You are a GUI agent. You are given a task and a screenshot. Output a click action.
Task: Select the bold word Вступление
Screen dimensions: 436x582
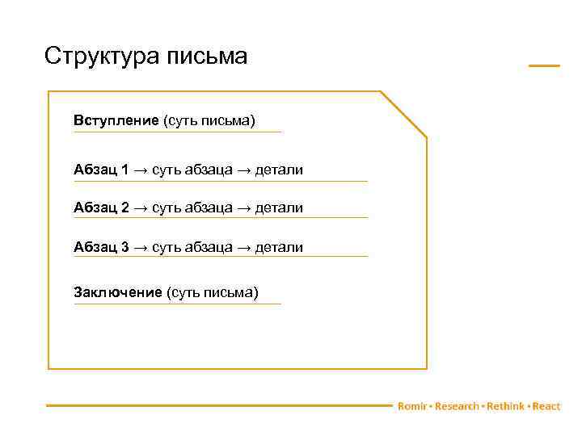[x=116, y=121]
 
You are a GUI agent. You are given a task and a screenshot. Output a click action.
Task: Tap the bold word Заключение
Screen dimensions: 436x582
[x=118, y=292]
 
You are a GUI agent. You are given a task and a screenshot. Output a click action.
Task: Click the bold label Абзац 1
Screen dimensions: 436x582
[x=101, y=170]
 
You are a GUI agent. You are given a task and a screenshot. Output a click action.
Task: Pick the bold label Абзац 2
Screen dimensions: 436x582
[x=101, y=208]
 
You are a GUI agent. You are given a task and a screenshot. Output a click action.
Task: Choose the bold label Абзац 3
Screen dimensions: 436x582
[x=101, y=247]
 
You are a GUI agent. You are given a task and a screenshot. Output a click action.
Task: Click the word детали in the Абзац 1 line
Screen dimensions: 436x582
[x=279, y=170]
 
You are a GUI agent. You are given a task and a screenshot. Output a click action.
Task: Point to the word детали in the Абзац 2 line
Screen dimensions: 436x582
[x=279, y=208]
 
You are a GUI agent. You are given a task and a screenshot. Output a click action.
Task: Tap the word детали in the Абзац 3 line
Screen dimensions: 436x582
[x=279, y=247]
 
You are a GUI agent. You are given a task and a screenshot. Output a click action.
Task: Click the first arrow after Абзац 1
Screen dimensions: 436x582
[x=141, y=170]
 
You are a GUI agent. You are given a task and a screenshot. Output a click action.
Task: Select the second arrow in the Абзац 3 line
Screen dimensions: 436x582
[x=244, y=248]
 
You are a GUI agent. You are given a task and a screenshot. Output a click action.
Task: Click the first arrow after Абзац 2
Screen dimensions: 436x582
[x=141, y=208]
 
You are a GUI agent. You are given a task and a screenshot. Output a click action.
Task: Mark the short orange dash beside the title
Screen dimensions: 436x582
[x=544, y=65]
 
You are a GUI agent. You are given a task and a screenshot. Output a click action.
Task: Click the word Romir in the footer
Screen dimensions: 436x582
[x=412, y=406]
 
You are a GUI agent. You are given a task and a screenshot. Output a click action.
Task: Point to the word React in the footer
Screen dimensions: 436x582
[x=546, y=406]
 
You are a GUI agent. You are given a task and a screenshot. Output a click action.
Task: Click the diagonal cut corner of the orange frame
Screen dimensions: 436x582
[x=403, y=114]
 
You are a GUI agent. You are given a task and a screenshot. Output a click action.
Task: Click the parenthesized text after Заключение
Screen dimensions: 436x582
[x=213, y=292]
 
